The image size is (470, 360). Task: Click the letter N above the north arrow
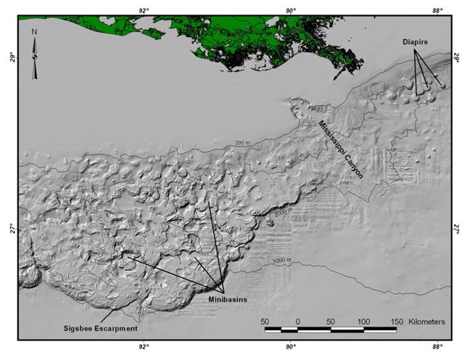pos(34,32)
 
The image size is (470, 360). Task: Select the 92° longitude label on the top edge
pos(144,9)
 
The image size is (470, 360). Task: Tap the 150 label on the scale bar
pos(397,320)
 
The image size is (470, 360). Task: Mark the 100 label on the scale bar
pos(364,320)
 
